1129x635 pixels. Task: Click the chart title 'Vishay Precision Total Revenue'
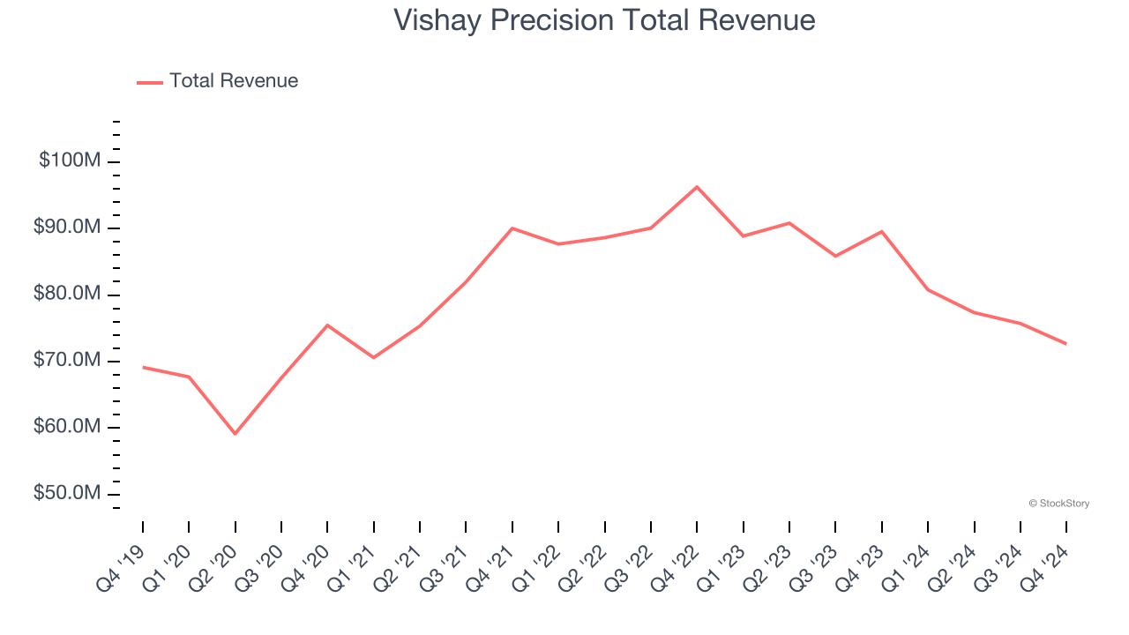tap(604, 19)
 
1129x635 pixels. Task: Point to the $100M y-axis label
tap(70, 161)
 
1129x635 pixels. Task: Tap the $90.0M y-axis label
tap(67, 228)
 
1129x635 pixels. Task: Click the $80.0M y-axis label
tap(67, 295)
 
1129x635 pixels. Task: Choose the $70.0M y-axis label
tap(67, 361)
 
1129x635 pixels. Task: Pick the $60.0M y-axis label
tap(67, 428)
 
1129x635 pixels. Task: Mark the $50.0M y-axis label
tap(67, 494)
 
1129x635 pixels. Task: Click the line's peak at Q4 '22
tap(697, 187)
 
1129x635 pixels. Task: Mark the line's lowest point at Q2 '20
tap(236, 434)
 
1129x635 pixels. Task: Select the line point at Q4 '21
tap(512, 228)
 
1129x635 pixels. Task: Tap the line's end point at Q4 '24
tap(1066, 344)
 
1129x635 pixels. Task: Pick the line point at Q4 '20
tap(327, 325)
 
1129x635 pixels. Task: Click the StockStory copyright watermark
tap(1058, 504)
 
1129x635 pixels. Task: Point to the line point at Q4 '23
tap(882, 232)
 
